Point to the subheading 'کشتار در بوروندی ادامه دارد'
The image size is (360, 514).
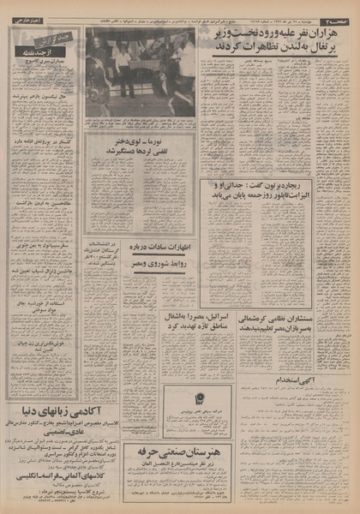44,172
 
